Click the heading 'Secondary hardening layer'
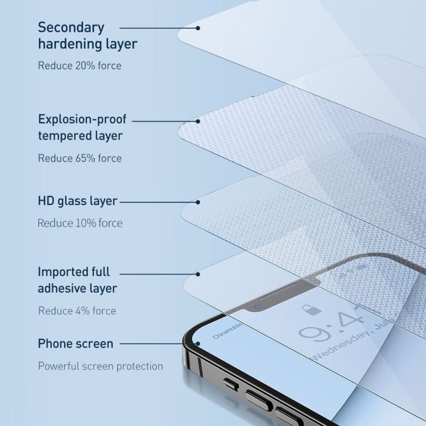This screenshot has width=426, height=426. pos(87,35)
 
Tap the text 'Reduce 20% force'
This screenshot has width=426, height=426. pos(80,66)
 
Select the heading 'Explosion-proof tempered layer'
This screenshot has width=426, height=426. pos(82,127)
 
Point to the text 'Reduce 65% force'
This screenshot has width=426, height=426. pos(80,158)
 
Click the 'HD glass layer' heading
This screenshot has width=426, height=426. pos(77,201)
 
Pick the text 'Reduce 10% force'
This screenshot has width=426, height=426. pos(80,223)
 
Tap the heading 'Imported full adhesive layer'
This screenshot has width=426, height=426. pos(77,280)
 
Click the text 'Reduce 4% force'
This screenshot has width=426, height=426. pos(77,311)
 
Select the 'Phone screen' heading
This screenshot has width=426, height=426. pos(75,344)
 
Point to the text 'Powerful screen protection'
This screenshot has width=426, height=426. pos(100,366)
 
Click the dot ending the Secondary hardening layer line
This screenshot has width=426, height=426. pos(198,28)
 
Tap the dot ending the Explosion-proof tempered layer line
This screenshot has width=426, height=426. pos(198,121)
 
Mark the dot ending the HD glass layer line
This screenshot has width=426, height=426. pos(198,202)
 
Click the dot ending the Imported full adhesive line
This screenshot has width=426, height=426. pos(198,274)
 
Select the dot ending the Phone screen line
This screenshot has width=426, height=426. pos(198,344)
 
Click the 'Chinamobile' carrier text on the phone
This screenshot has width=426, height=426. pos(228,331)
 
